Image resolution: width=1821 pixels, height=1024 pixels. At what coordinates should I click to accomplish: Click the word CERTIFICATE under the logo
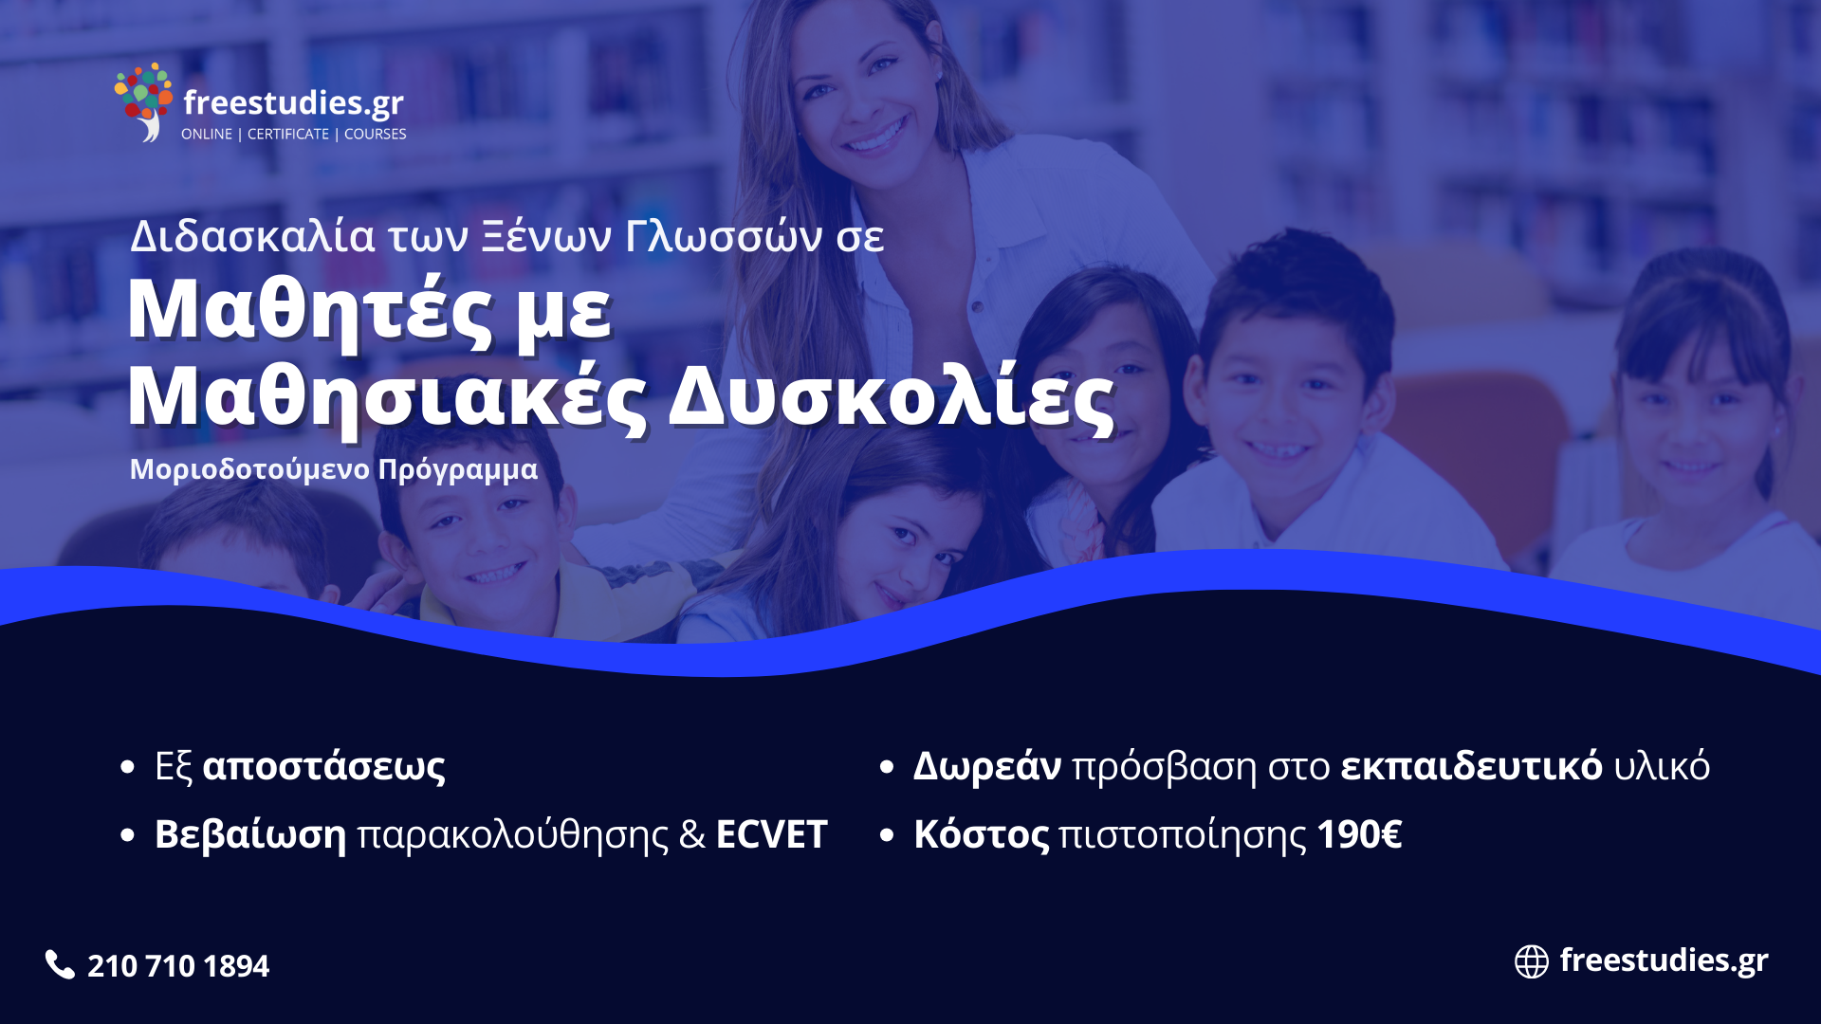pos(288,135)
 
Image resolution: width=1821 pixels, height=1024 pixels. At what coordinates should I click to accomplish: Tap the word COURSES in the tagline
pos(375,135)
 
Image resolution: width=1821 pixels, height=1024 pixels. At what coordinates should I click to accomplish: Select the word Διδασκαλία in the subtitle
pos(252,236)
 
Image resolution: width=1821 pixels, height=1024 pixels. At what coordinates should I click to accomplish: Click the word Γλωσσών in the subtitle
pos(724,236)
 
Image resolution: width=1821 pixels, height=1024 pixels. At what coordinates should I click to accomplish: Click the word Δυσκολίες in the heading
pos(892,397)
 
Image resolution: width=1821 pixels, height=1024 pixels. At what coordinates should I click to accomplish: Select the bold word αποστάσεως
pos(324,767)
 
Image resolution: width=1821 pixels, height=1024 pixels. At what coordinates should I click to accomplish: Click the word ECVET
pos(771,835)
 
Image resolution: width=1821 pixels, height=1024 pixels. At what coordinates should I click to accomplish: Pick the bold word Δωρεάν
pos(986,766)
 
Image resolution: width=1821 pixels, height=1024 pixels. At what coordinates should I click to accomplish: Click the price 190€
pos(1359,835)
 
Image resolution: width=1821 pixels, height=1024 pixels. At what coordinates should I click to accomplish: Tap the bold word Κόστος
pos(982,835)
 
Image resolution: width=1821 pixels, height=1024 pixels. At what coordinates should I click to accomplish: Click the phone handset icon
pos(60,964)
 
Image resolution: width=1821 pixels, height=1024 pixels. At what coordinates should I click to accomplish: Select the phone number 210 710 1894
pos(178,966)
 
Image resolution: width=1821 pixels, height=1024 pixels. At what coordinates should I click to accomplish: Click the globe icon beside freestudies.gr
pos(1531,961)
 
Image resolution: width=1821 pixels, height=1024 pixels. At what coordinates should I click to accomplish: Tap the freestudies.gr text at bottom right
pos(1664,961)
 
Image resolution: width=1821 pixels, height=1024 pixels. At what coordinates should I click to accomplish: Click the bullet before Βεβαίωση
pos(128,835)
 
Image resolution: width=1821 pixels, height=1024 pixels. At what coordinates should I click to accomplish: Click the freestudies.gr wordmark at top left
pos(293,102)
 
